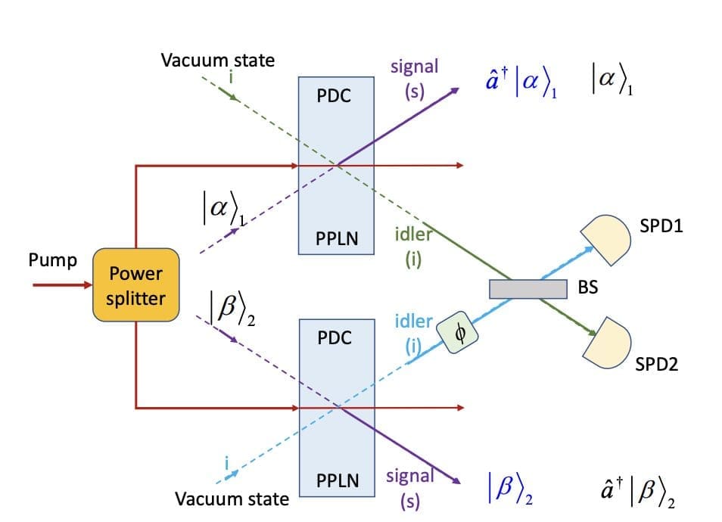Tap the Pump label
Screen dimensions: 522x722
point(52,261)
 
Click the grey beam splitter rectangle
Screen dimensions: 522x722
point(527,289)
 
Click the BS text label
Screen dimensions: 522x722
point(587,287)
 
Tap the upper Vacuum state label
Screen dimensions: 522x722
point(218,61)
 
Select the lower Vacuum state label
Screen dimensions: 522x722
point(232,499)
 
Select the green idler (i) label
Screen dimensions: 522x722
point(412,247)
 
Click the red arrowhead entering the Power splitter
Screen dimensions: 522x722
point(85,286)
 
